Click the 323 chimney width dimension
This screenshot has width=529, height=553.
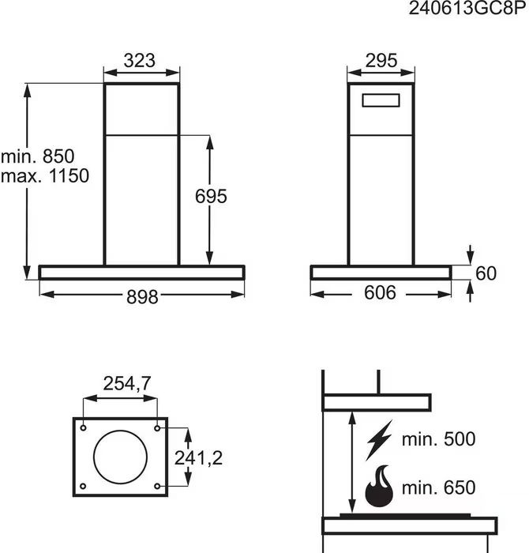click(x=139, y=60)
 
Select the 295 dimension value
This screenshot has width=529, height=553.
click(x=381, y=60)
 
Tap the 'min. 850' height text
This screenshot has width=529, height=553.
click(x=38, y=156)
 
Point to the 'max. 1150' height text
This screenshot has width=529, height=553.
click(x=45, y=175)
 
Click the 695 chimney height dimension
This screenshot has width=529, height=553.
click(x=211, y=196)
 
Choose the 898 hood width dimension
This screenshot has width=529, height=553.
click(x=142, y=296)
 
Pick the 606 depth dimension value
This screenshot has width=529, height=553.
click(x=380, y=293)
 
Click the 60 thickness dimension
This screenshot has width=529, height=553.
click(x=486, y=273)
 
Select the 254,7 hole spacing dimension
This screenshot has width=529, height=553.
click(x=127, y=383)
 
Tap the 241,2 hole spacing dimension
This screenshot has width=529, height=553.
click(x=198, y=458)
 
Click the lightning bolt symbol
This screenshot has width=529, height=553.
click(x=379, y=440)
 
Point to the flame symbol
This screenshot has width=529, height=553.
click(x=379, y=487)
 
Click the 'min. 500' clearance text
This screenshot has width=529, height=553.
click(x=438, y=439)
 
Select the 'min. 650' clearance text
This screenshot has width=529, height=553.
click(x=438, y=487)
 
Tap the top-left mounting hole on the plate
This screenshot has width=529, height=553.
click(x=84, y=428)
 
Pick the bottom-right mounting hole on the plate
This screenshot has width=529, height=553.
click(x=157, y=487)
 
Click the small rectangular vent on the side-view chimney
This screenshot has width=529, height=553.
click(x=381, y=94)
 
